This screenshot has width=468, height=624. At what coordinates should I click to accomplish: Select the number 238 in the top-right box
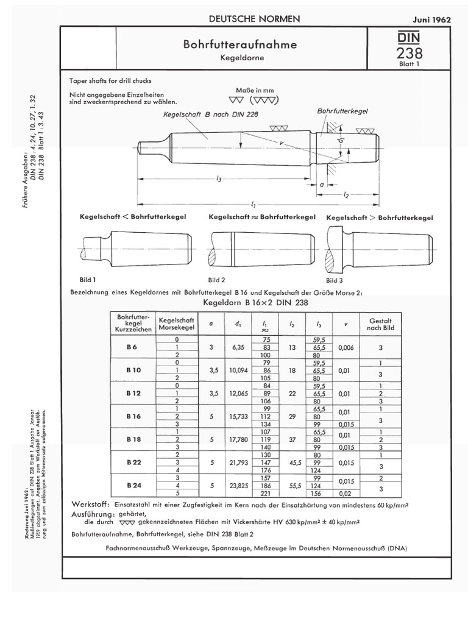[x=409, y=54]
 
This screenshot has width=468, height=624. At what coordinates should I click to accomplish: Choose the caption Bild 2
[x=217, y=280]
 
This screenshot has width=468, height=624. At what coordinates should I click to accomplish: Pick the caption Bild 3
[x=335, y=280]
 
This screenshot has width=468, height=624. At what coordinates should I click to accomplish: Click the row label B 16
[x=133, y=416]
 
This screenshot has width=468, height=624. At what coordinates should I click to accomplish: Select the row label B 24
[x=133, y=485]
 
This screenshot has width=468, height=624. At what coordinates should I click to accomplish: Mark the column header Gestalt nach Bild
[x=380, y=324]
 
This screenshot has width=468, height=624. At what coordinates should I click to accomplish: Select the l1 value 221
[x=266, y=494]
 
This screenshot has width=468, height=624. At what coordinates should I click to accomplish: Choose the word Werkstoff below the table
[x=90, y=505]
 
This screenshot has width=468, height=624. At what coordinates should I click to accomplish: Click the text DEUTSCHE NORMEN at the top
[x=255, y=19]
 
